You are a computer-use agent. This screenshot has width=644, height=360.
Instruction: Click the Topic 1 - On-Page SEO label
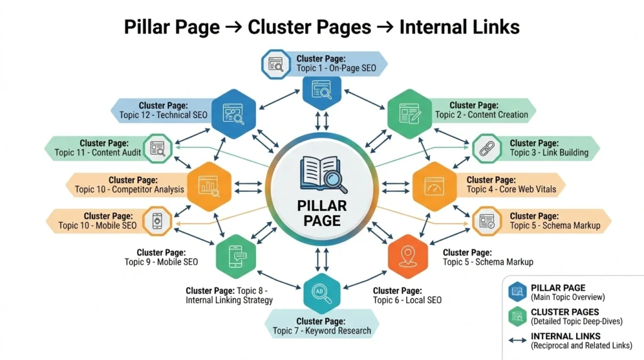tap(336, 63)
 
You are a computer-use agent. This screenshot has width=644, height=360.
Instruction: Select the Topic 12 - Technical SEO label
tap(164, 110)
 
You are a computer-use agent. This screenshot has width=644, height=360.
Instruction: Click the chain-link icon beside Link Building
tap(487, 149)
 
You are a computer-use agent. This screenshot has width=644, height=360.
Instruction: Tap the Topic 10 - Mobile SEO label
tap(97, 221)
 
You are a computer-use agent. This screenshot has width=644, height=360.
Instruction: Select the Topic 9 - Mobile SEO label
tap(161, 257)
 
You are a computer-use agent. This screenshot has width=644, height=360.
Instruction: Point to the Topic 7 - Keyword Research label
tap(322, 325)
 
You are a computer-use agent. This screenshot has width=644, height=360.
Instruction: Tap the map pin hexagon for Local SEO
tap(408, 256)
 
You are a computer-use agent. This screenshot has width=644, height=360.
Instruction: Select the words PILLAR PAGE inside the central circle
tap(322, 213)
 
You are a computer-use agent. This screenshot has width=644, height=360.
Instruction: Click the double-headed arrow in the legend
tap(517, 340)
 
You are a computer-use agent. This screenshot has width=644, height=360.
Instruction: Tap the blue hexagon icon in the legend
tap(518, 291)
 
